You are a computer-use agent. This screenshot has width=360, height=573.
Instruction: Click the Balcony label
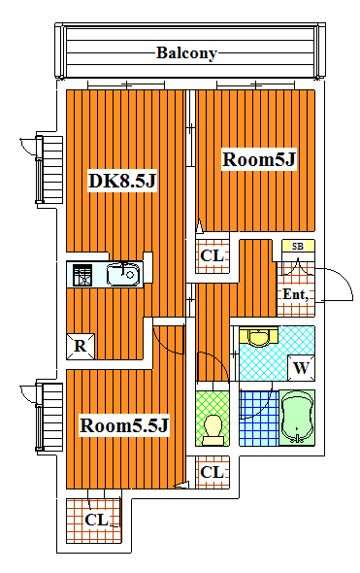pyautogui.click(x=186, y=52)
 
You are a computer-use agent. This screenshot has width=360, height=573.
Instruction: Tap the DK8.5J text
pyautogui.click(x=122, y=181)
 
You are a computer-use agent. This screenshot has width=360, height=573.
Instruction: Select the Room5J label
pyautogui.click(x=258, y=159)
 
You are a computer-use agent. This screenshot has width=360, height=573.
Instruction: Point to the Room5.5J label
pyautogui.click(x=125, y=425)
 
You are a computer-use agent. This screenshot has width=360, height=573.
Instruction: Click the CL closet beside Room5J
pyautogui.click(x=212, y=255)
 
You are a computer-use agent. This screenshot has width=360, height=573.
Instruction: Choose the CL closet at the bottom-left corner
pyautogui.click(x=95, y=520)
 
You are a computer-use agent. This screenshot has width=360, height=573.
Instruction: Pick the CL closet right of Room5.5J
pyautogui.click(x=212, y=472)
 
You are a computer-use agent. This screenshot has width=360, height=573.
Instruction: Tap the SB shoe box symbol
pyautogui.click(x=298, y=247)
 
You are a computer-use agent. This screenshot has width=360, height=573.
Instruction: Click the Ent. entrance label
pyautogui.click(x=295, y=294)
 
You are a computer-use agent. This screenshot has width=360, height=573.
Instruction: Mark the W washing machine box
pyautogui.click(x=302, y=368)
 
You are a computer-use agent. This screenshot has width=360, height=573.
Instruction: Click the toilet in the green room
pyautogui.click(x=213, y=424)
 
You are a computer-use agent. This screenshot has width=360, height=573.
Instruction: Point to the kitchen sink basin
pyautogui.click(x=123, y=276)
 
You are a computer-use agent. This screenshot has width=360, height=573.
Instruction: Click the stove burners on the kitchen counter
pyautogui.click(x=82, y=276)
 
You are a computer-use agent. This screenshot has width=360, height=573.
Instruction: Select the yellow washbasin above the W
pyautogui.click(x=258, y=337)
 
